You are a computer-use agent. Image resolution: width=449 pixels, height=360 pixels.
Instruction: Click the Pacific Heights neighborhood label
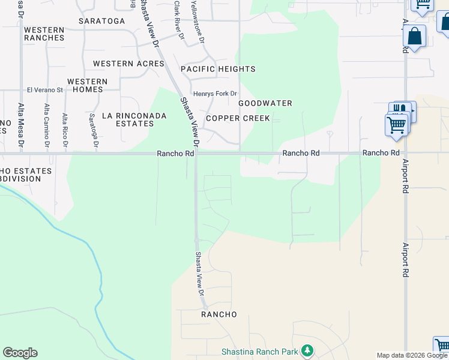(x=218, y=69)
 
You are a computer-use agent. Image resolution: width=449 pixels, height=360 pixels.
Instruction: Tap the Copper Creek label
(x=238, y=118)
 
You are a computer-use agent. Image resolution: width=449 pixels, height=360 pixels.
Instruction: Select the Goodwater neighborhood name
(x=265, y=103)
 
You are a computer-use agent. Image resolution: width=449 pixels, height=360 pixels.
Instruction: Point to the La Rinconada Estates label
(x=127, y=119)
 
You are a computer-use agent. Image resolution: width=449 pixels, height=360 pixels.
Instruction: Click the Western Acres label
(x=128, y=64)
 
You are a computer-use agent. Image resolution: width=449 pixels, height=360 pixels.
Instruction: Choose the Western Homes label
(x=88, y=85)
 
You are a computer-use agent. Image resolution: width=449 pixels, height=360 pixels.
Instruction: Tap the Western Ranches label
(x=44, y=34)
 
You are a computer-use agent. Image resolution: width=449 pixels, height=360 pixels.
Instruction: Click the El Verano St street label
(x=45, y=90)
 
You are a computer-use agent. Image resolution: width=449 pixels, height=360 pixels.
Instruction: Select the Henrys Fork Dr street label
(x=215, y=94)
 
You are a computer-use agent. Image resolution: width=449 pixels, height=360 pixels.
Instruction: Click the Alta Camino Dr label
(x=47, y=125)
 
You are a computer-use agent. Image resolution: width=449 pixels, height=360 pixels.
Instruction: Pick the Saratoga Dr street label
(x=92, y=128)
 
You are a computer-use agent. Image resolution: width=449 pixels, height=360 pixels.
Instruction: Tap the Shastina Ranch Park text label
(x=259, y=350)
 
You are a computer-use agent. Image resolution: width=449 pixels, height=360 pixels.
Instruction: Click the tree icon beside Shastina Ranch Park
(x=307, y=350)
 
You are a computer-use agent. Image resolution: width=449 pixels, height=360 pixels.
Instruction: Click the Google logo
(x=20, y=353)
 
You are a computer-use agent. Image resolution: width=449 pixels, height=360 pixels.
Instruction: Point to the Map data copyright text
(x=412, y=355)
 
